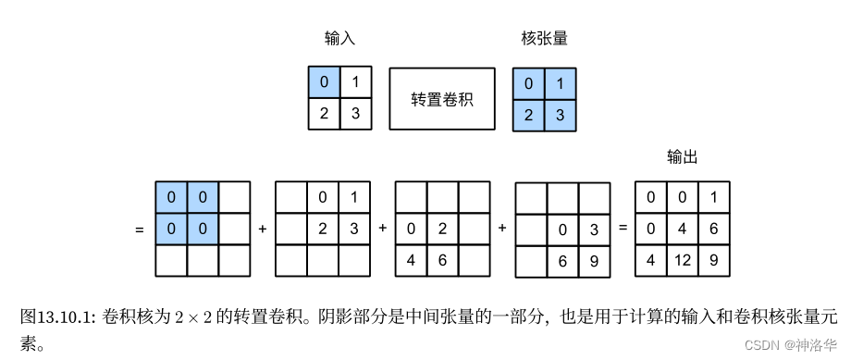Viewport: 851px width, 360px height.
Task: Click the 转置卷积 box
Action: click(442, 99)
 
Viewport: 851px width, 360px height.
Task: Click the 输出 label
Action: click(682, 157)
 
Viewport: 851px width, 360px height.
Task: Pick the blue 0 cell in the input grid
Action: click(324, 83)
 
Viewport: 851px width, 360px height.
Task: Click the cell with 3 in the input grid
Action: click(355, 115)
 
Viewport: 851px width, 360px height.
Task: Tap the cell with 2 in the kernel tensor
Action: click(528, 115)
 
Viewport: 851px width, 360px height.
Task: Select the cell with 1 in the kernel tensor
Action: click(560, 83)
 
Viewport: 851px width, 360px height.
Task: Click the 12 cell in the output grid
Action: click(681, 260)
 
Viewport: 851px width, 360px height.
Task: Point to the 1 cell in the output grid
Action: click(713, 197)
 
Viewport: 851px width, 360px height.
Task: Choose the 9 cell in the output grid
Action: click(713, 260)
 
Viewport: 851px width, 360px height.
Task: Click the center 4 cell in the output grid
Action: click(681, 229)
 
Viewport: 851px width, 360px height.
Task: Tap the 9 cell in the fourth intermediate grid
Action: click(594, 260)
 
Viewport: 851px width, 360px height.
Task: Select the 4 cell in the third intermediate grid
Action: click(411, 260)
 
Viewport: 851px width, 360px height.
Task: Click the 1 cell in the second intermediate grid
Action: click(354, 197)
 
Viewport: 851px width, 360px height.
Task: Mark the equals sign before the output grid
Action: click(623, 228)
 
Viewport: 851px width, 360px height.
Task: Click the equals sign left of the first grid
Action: click(140, 228)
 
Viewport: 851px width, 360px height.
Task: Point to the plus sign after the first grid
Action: click(263, 228)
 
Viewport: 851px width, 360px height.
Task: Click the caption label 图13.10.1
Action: click(56, 317)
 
